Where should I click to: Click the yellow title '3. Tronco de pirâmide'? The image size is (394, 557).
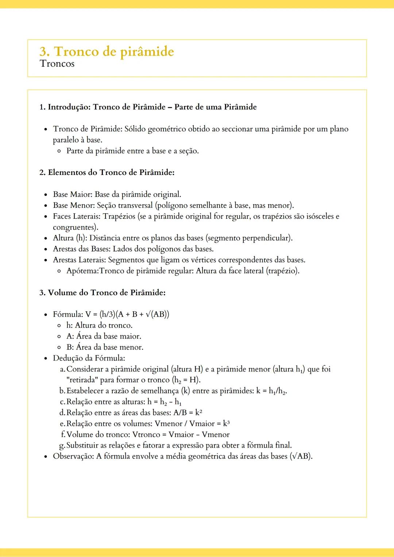pos(107,51)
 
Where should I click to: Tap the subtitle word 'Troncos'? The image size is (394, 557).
pos(57,64)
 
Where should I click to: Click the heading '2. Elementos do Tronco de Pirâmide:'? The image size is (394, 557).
pos(107,172)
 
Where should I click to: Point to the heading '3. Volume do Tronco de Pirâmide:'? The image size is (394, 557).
pos(103,293)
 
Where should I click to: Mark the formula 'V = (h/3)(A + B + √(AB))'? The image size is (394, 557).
pos(127,314)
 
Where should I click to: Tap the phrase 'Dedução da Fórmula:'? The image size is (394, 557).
pos(89,358)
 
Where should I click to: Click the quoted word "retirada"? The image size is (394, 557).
pos(82,380)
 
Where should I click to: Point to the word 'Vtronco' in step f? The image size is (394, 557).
pos(146,435)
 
